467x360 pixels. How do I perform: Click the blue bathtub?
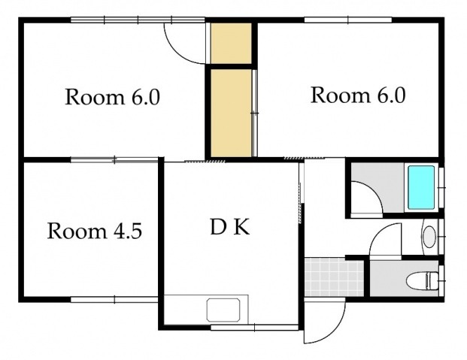421,187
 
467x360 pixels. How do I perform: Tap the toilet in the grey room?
423,280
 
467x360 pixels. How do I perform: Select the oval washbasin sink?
429,237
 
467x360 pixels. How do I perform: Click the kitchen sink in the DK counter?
223,310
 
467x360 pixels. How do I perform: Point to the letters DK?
229,227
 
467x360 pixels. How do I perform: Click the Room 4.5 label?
95,231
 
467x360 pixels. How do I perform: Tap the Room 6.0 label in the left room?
112,97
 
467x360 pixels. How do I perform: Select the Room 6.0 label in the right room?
358,95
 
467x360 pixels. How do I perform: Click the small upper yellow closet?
231,43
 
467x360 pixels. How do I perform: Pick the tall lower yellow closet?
231,113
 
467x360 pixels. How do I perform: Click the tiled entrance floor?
334,277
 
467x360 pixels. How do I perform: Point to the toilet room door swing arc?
378,232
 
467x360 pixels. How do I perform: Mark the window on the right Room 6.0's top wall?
348,20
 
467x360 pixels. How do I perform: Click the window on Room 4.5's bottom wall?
114,299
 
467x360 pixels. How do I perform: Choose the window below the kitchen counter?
255,328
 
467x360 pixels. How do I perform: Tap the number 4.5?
128,231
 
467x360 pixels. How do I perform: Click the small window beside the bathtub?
441,188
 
